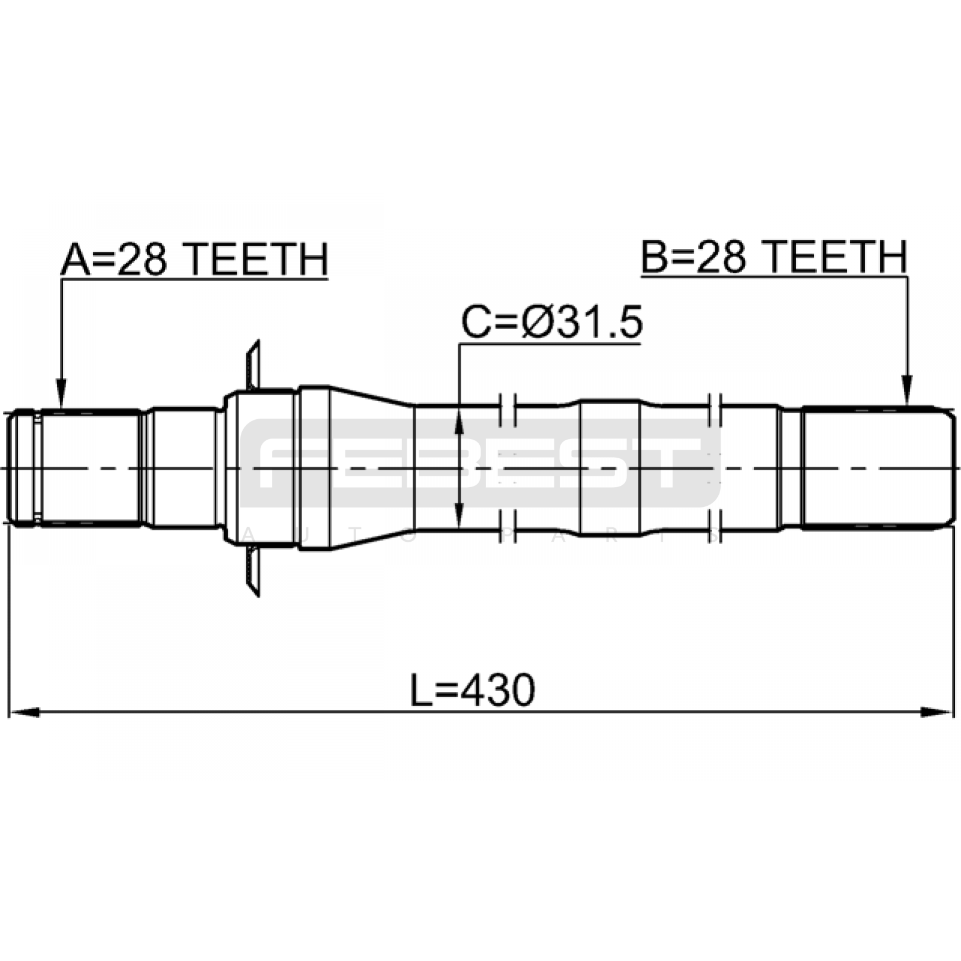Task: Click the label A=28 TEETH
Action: click(x=195, y=259)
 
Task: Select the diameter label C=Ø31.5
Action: click(x=552, y=323)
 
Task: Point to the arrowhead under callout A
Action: click(x=61, y=394)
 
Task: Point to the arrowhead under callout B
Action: click(x=907, y=392)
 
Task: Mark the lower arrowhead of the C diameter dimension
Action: click(x=459, y=511)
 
